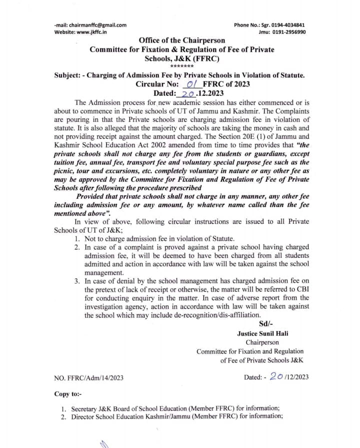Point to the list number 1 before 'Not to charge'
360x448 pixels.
click(x=76, y=239)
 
